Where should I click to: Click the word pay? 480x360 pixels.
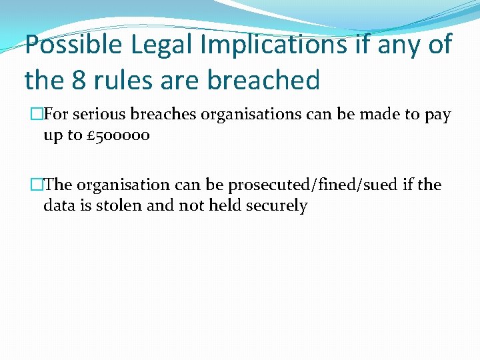437,115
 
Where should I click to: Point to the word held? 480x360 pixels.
225,205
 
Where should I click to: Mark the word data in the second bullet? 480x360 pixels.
59,205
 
